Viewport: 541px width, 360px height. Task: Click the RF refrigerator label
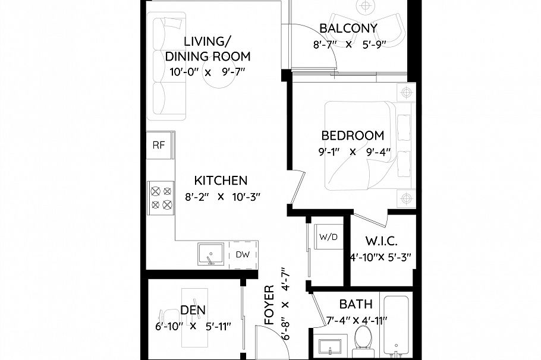[159, 144]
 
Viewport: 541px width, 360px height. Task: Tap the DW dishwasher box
[242, 255]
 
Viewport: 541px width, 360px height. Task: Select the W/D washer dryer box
[328, 237]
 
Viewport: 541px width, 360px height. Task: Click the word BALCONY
[348, 28]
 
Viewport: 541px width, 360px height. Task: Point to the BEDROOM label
[353, 135]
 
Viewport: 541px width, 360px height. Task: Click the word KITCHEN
[221, 180]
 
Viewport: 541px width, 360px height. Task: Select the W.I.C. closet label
[381, 241]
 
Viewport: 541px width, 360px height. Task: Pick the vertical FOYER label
[269, 305]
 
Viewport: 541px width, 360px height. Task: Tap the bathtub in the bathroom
[396, 327]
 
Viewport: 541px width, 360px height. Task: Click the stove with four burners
[161, 198]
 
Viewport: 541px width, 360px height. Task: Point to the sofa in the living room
[170, 67]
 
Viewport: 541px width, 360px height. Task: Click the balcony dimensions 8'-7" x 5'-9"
[350, 45]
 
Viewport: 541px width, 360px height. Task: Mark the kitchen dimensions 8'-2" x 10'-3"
[221, 197]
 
